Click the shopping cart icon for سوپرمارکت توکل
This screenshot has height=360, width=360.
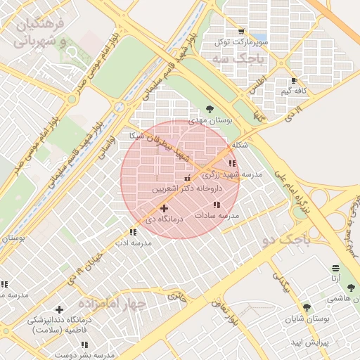pos(241,32)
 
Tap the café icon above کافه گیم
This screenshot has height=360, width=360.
pos(304,81)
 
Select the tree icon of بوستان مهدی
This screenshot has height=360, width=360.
pos(210,108)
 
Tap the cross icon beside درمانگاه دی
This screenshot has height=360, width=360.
pos(164,208)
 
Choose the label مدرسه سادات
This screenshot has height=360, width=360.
pos(221,215)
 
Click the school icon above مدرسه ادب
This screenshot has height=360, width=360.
pos(133,232)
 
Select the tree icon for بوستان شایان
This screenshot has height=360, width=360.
pos(306,307)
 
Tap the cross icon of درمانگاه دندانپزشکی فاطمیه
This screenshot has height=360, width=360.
pos(59,309)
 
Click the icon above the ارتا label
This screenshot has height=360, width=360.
pos(335,269)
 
